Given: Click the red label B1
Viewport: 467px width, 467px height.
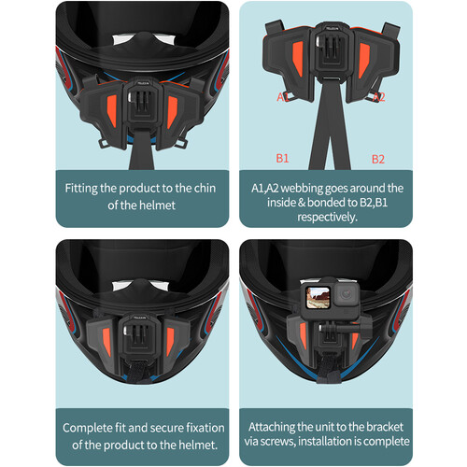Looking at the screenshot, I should (282, 158).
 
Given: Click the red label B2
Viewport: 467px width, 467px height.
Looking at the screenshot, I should (378, 158).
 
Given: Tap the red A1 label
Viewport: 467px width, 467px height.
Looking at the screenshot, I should (282, 96).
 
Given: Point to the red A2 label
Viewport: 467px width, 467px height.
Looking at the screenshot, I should (378, 96).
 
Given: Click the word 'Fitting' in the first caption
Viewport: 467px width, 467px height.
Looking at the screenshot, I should (86, 188).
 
